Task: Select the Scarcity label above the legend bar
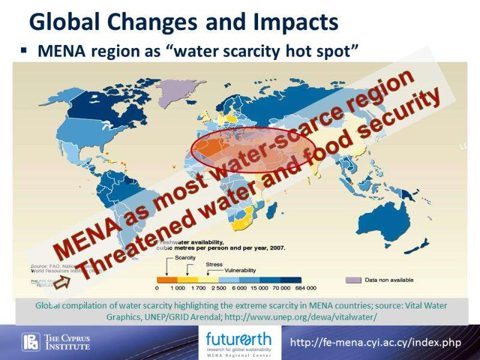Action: (x=185, y=257)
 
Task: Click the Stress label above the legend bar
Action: (x=214, y=264)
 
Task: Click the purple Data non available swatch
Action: (x=353, y=280)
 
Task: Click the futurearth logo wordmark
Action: (x=238, y=337)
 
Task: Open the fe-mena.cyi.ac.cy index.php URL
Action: (x=375, y=343)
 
